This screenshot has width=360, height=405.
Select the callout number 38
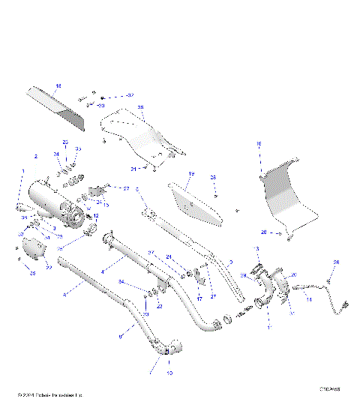coord(140,108)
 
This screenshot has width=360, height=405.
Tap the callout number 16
coord(259,143)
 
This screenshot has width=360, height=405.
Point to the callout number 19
coord(191,174)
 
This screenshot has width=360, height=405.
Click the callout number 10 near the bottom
coord(169,372)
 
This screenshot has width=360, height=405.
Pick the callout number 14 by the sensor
coord(309,299)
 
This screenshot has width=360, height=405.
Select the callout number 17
coord(199,298)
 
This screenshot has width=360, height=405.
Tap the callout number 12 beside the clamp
coord(95,216)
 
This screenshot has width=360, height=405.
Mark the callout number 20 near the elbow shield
coord(293,274)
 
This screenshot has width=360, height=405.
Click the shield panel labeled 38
coord(139,135)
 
